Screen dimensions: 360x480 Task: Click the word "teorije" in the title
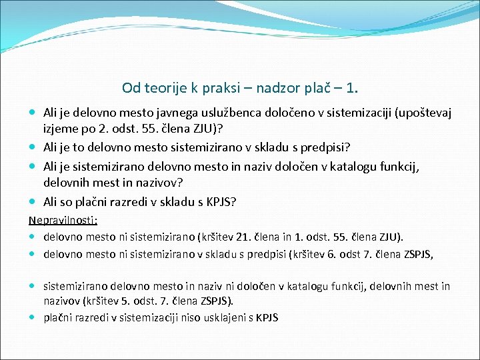click(163, 88)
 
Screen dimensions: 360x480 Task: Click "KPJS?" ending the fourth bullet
click(221, 201)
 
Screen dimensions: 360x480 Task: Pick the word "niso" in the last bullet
click(177, 318)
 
